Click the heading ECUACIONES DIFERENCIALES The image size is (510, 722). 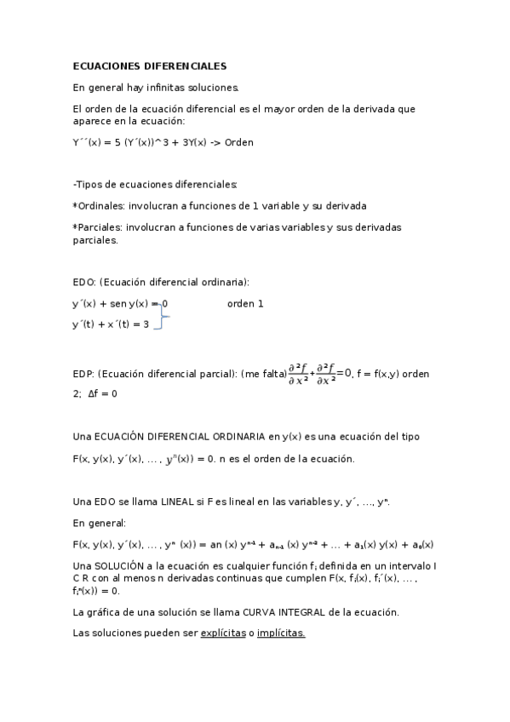click(x=149, y=66)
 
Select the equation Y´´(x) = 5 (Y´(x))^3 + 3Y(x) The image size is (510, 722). click(x=139, y=142)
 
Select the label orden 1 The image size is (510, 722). click(x=245, y=303)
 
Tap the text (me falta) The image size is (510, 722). click(x=263, y=373)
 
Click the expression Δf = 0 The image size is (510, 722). click(x=103, y=393)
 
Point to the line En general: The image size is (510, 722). click(x=100, y=523)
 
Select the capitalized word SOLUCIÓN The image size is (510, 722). click(x=124, y=565)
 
